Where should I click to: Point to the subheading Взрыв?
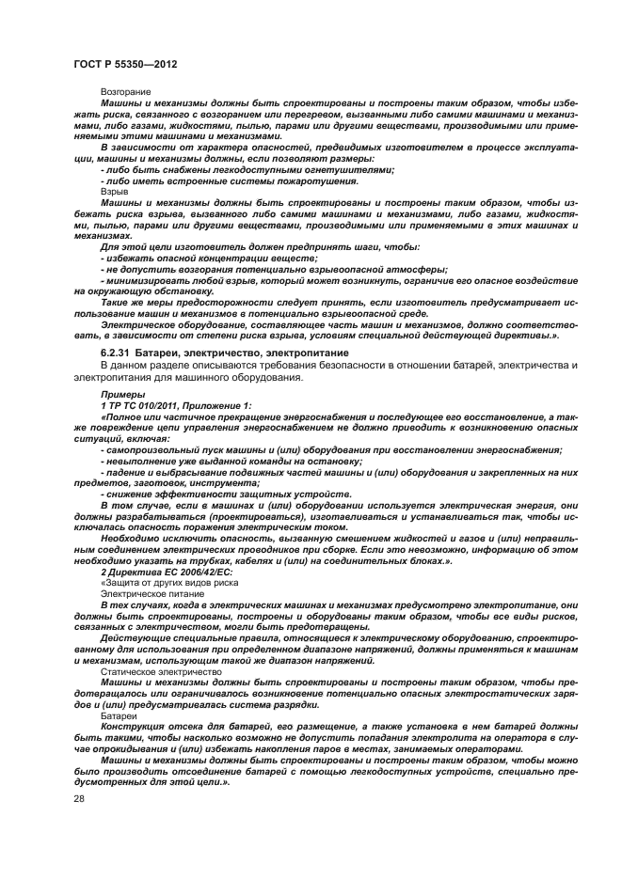pyautogui.click(x=114, y=189)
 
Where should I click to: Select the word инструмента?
pyautogui.click(x=251, y=483)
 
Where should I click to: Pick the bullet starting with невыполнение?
pyautogui.click(x=231, y=462)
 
